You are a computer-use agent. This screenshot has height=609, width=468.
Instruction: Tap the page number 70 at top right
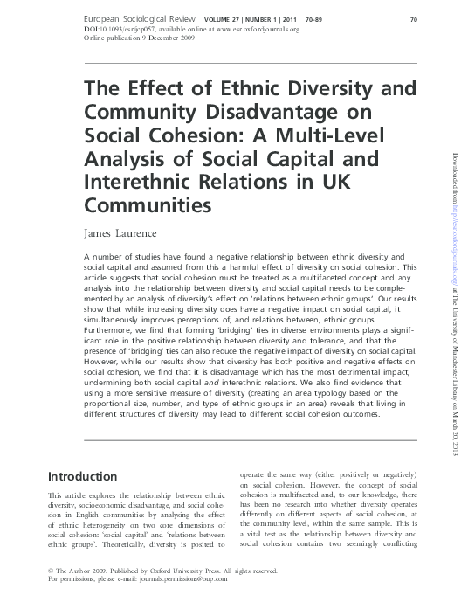(x=415, y=17)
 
